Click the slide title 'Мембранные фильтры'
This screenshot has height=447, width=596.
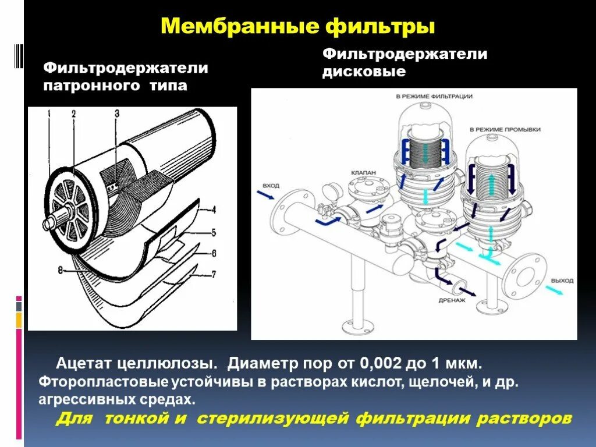coord(297,26)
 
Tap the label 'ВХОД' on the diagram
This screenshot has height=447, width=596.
coord(271,185)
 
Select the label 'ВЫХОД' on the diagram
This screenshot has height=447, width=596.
coord(562,281)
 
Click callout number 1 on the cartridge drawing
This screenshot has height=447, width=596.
coord(49,115)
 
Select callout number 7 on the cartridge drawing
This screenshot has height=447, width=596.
coord(214,274)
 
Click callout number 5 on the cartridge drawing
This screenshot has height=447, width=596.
coord(214,232)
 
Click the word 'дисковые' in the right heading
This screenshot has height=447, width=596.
coord(364,72)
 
